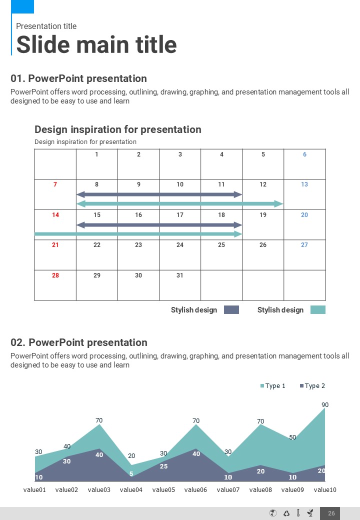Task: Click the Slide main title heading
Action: pos(96,44)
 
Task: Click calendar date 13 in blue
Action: pos(304,184)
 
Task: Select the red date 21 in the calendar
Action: pos(55,245)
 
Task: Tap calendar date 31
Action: pos(180,275)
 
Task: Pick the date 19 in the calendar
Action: pos(263,215)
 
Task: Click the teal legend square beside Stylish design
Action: pos(317,310)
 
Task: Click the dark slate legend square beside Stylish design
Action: pos(231,310)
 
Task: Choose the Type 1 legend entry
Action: pos(272,386)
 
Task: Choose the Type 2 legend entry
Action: pos(312,386)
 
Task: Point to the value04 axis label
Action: pos(131,490)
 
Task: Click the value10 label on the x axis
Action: pos(325,490)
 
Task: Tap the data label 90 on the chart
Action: pos(325,404)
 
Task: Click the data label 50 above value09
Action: pos(292,437)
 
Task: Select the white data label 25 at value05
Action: pos(163,466)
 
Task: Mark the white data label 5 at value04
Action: pos(131,474)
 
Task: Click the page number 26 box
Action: pos(331,513)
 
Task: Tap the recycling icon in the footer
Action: pos(286,513)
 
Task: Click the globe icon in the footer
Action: pos(272,513)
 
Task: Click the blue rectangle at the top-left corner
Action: pos(22,6)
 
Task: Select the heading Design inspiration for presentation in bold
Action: pos(118,129)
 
